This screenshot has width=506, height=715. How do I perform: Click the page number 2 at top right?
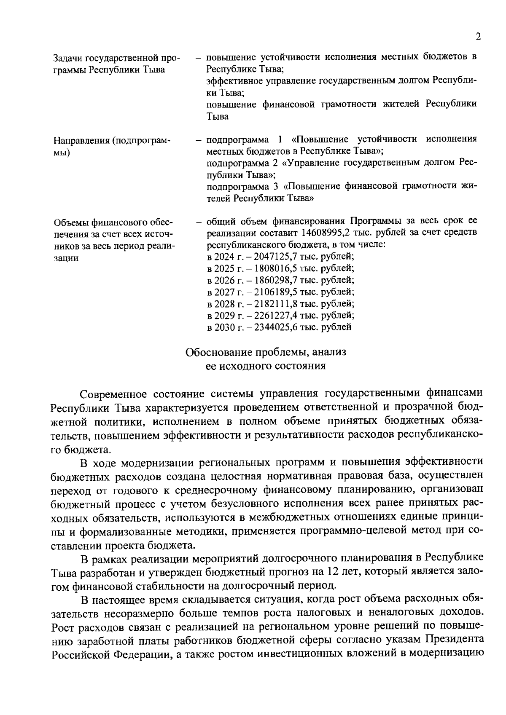(478, 37)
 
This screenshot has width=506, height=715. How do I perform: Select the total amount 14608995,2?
(323, 233)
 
